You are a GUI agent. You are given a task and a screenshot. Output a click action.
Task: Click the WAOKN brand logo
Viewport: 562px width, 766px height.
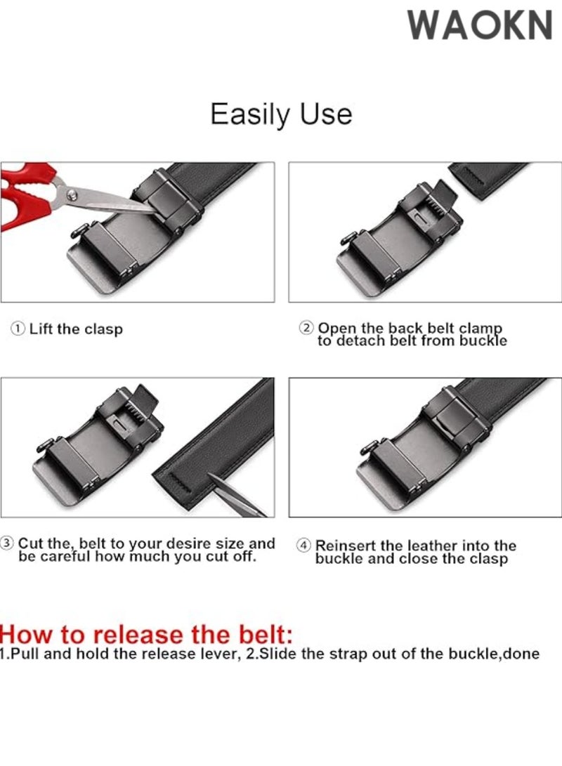481,26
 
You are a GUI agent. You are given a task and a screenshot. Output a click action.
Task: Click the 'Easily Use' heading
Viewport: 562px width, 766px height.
281,114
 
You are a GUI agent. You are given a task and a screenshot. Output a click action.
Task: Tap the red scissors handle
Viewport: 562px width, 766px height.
28,197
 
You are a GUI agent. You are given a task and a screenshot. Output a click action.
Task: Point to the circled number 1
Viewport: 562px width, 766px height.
18,329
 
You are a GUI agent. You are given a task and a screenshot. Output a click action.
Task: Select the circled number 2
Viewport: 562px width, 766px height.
306,328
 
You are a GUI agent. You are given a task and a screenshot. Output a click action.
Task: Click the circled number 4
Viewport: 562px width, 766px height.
304,546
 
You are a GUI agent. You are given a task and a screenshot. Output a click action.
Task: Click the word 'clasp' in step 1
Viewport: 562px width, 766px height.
104,329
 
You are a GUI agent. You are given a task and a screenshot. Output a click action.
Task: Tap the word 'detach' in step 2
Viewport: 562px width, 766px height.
374,341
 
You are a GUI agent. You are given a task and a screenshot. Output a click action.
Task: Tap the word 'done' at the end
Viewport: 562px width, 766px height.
523,654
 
